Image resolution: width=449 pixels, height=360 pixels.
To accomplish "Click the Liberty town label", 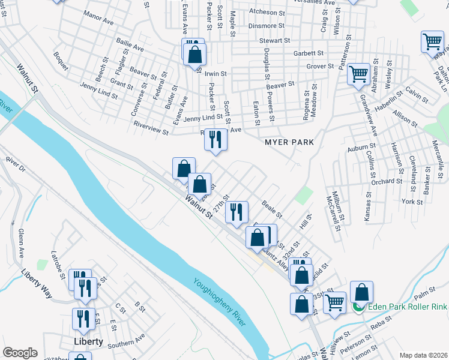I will point(88,341).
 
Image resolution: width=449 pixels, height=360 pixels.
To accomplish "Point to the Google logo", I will point(20,353).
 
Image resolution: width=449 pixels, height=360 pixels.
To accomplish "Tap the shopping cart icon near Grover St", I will point(358,75).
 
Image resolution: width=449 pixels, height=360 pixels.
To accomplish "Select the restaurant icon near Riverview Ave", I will point(215,139).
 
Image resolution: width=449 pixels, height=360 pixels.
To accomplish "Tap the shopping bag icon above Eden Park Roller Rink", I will point(361,292).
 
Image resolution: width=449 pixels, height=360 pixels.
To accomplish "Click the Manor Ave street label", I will point(99,17).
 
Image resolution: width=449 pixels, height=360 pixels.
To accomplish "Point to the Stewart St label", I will point(274,41).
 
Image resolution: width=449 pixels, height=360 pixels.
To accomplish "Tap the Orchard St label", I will point(386,181).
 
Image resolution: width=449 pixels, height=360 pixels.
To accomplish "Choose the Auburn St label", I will point(361,146).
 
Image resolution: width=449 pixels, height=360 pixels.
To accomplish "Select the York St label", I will point(412,202).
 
